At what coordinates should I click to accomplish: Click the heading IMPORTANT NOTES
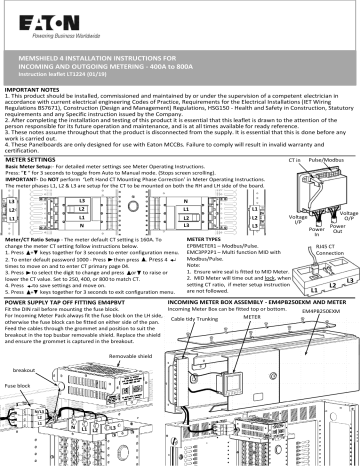[x=33, y=88]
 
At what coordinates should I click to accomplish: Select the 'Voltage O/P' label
[x=341, y=217]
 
